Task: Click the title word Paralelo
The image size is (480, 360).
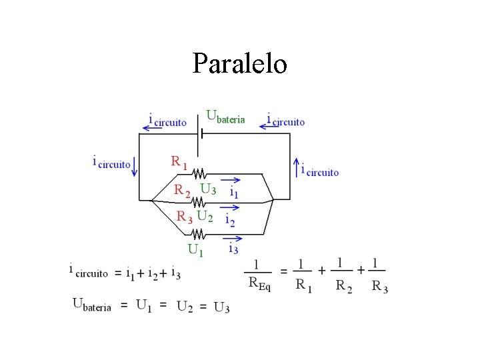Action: [x=240, y=64]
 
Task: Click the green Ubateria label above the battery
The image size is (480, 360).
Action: [x=225, y=117]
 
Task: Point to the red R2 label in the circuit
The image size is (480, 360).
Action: [x=182, y=190]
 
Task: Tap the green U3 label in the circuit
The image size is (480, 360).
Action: [x=208, y=189]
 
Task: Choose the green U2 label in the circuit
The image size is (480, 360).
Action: [x=205, y=216]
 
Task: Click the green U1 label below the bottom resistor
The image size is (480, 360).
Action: [x=195, y=249]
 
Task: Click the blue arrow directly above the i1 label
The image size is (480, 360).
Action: [x=233, y=179]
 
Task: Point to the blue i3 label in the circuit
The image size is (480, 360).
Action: [x=233, y=249]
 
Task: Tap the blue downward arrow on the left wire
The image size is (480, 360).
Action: [x=135, y=164]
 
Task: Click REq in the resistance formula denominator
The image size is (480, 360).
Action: [x=259, y=283]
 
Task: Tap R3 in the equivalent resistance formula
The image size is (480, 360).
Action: [x=379, y=287]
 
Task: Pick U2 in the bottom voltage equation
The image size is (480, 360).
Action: [x=186, y=307]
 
